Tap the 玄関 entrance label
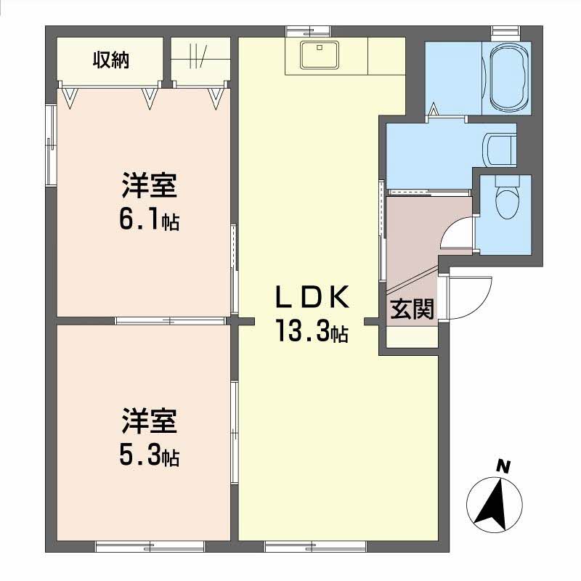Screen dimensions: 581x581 413,310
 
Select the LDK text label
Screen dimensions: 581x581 312,298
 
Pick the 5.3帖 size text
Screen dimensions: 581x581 150,457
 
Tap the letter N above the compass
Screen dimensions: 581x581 502,466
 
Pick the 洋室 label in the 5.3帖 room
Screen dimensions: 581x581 149,422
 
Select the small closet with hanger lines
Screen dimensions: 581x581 198,58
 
